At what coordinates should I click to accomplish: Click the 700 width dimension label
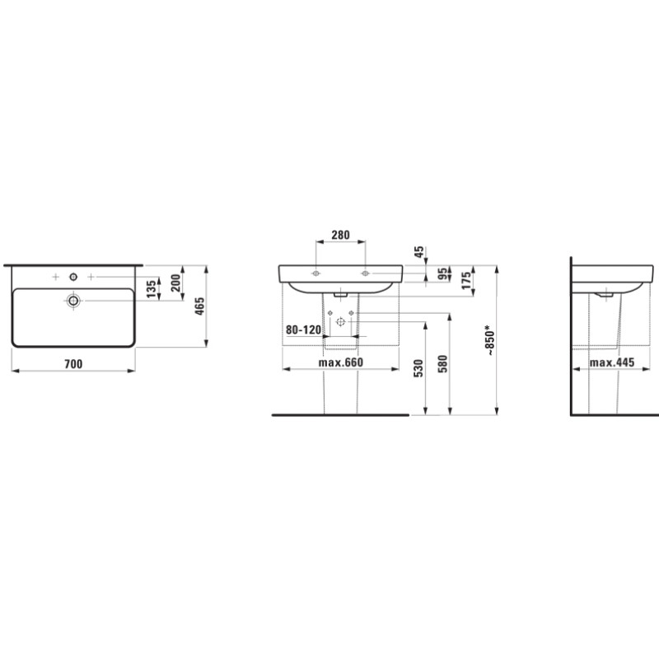(x=73, y=363)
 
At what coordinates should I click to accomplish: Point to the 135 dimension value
(x=150, y=288)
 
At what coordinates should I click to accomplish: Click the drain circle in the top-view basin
(x=74, y=301)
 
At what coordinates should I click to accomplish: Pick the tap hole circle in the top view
(x=74, y=274)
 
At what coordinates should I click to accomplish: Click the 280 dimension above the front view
(x=340, y=235)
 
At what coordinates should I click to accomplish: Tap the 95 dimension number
(x=442, y=274)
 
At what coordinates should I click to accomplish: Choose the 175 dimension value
(x=466, y=281)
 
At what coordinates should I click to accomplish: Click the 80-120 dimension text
(x=302, y=329)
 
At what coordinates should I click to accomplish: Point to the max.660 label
(x=340, y=363)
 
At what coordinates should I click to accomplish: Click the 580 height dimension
(x=442, y=362)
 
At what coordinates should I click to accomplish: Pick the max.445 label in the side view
(x=611, y=363)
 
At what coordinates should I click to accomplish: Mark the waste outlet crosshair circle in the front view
(x=340, y=325)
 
